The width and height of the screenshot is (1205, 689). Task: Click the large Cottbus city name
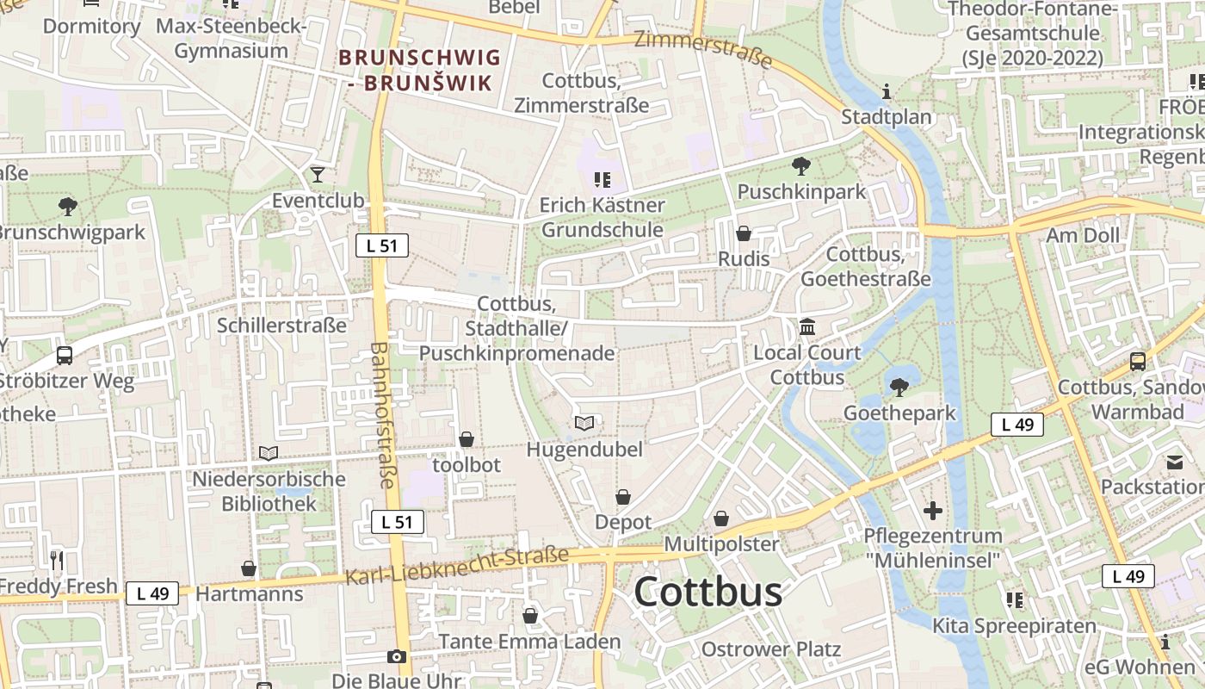tap(708, 592)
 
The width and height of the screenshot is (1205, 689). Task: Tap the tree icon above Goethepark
tap(899, 388)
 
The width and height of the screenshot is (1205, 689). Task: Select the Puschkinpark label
tap(801, 191)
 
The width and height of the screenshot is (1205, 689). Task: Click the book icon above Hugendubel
tap(584, 423)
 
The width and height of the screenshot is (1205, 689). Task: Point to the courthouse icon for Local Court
tap(807, 327)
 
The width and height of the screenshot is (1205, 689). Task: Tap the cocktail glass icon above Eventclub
tap(318, 175)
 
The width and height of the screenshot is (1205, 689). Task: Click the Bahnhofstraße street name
tap(382, 415)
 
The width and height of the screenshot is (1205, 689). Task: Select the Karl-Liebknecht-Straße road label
tap(457, 566)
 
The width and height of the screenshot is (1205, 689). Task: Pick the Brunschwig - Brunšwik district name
tap(419, 71)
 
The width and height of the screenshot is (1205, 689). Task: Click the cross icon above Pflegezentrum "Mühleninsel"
tap(933, 511)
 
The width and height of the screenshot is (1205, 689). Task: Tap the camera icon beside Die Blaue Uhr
tap(397, 656)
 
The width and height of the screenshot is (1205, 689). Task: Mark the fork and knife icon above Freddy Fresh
tap(57, 561)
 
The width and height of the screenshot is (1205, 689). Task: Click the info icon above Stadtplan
tap(887, 91)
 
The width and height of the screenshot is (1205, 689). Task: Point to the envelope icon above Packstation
tap(1175, 462)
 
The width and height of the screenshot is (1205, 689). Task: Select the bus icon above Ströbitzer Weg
tap(64, 355)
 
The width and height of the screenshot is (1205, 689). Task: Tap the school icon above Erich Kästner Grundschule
tap(602, 179)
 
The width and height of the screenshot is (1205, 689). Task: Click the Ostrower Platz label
tap(770, 649)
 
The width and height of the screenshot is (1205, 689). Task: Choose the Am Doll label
tap(1083, 235)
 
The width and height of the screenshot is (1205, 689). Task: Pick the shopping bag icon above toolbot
tap(467, 439)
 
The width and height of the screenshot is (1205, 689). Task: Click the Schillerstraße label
tap(281, 326)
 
